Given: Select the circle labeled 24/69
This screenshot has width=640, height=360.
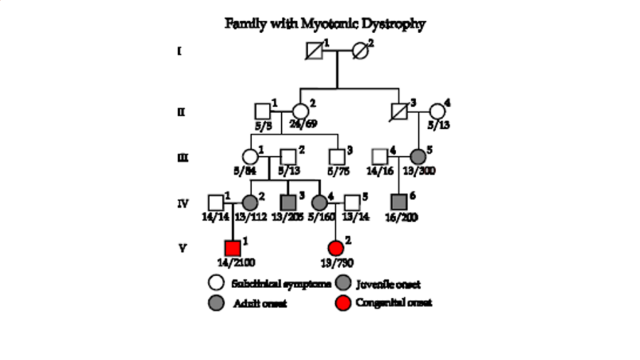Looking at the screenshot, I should pyautogui.click(x=301, y=111).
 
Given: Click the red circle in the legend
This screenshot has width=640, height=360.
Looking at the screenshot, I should pyautogui.click(x=342, y=303).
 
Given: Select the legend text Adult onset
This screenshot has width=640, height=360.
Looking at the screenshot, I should pyautogui.click(x=260, y=304).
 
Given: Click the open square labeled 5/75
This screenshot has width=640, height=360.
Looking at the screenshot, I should pyautogui.click(x=337, y=157).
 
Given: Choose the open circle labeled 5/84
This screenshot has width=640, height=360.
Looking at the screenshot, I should pyautogui.click(x=250, y=157).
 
